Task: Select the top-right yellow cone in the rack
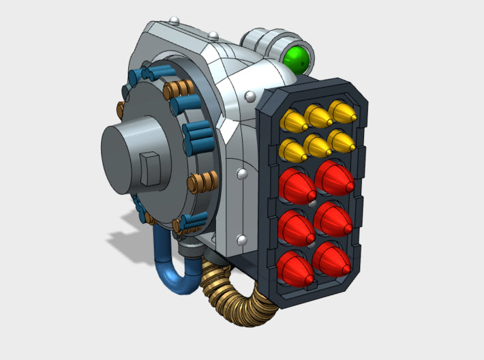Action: pyautogui.click(x=342, y=111)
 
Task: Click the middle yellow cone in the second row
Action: pyautogui.click(x=318, y=144)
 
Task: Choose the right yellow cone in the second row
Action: pyautogui.click(x=342, y=140)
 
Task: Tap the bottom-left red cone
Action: pyautogui.click(x=297, y=267)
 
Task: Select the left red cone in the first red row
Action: pyautogui.click(x=297, y=184)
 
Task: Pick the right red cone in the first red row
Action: pyautogui.click(x=335, y=177)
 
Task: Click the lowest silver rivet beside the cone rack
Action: pyautogui.click(x=241, y=239)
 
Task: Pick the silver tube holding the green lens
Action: pyautogui.click(x=267, y=42)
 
